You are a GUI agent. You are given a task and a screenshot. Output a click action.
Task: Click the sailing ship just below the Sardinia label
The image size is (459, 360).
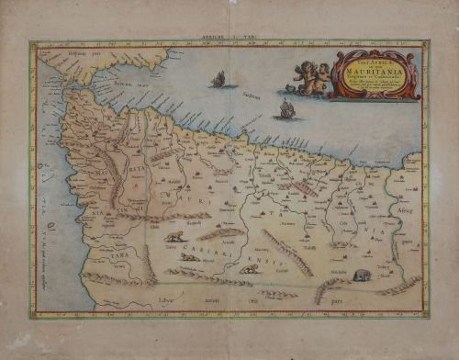click(286, 110)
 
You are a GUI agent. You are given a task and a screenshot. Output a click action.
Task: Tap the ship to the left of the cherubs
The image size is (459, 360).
click(218, 80)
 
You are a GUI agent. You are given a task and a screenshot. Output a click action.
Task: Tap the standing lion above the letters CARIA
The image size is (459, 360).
click(174, 237)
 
